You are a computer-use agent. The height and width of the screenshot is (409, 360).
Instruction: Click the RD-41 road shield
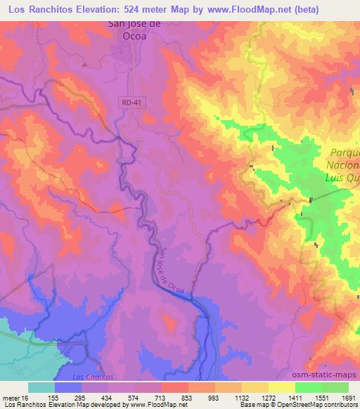[127, 102]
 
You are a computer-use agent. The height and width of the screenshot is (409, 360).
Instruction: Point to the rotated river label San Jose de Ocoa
[172, 268]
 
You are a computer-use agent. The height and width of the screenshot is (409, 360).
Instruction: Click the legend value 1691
[348, 396]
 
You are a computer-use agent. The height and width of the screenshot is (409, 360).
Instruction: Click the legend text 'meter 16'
[16, 396]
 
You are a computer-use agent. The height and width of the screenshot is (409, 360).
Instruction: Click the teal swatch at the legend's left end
[41, 387]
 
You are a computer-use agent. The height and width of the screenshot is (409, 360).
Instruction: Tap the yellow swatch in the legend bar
[281, 387]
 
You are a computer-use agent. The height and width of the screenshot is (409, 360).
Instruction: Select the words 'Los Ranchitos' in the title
[35, 9]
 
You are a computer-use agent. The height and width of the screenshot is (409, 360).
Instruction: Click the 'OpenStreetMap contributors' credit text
[320, 405]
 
